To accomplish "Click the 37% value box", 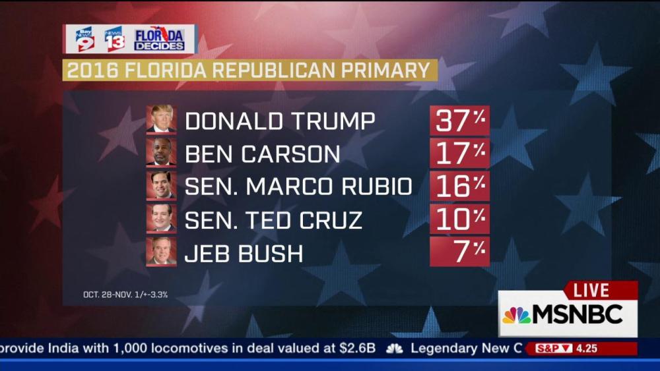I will tap(459, 121).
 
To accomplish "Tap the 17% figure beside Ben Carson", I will tap(459, 154).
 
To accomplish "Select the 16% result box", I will tap(459, 186).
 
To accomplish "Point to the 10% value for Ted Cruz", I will tap(459, 219).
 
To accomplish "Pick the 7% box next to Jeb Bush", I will tap(459, 252).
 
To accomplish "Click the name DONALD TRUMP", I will tap(280, 121).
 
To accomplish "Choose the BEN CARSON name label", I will tap(263, 154).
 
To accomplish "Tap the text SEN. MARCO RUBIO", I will tap(298, 186).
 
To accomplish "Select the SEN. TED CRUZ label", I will tap(273, 219).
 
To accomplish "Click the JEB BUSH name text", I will tap(244, 252).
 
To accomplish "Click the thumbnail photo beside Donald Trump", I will tap(162, 119).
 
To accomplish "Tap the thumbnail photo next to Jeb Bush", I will tap(162, 252).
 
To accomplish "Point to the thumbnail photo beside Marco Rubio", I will tap(162, 185).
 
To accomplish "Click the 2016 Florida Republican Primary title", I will tap(249, 70).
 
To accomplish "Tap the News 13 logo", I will tap(114, 39).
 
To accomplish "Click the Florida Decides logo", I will tap(160, 39).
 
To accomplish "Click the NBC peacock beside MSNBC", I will tap(516, 315).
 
